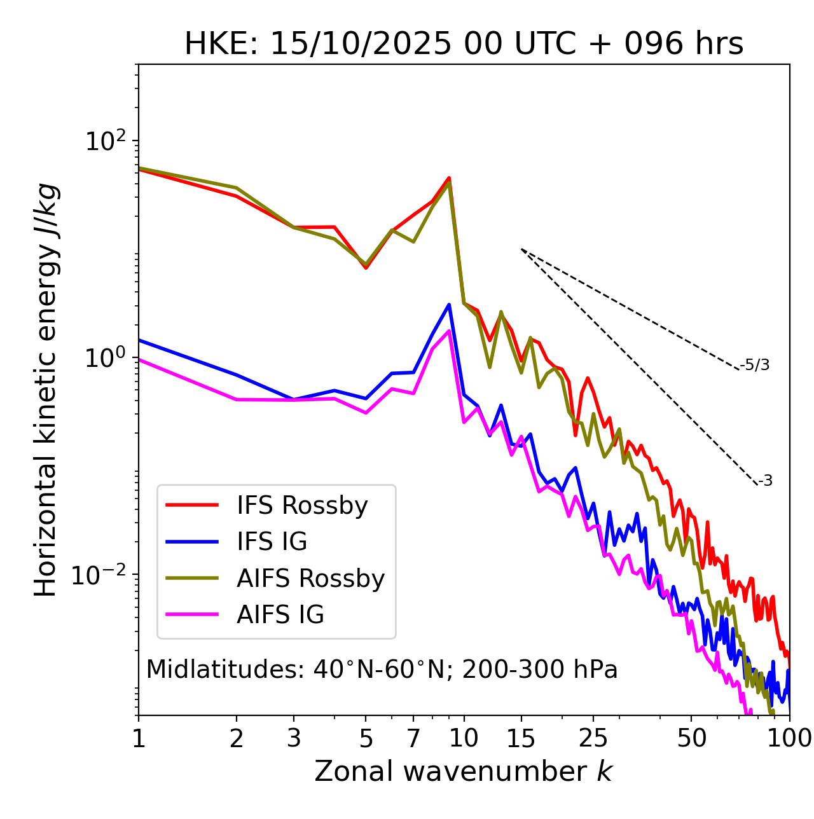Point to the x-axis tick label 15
coord(521,738)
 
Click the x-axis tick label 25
coord(593,738)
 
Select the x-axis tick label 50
coord(691,738)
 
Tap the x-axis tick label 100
coord(789,738)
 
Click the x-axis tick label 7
coord(413,738)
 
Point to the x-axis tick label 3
coord(294,738)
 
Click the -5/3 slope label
coord(755,365)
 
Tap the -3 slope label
coord(765,481)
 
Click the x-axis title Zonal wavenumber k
coord(464,771)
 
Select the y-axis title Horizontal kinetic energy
coord(46,390)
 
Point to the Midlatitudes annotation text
coord(382,670)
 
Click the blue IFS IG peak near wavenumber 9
coord(449,305)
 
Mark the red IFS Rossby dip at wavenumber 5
coord(366,268)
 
